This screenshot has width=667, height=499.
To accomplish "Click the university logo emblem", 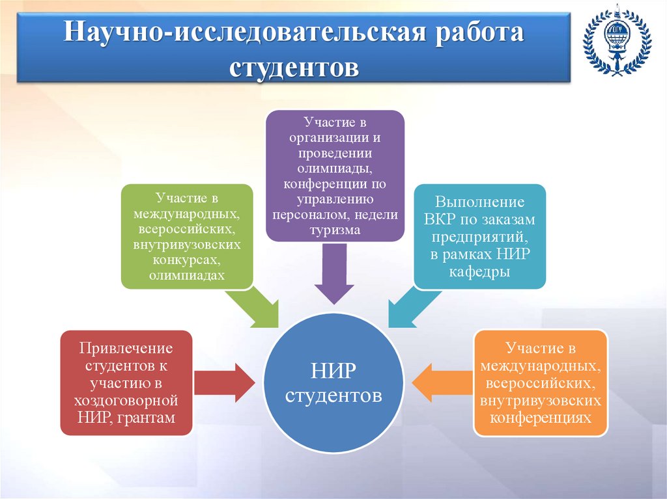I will [x=616, y=41].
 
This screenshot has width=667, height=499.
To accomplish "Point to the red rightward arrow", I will [x=225, y=383].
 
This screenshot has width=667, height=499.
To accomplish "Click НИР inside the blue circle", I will [x=333, y=371].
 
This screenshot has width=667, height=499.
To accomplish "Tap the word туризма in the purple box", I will [x=334, y=230].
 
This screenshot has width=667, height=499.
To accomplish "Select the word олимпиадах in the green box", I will [x=186, y=275].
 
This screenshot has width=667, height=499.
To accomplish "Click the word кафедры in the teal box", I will [x=479, y=271].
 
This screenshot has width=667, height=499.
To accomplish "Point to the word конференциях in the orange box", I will [x=541, y=416].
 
